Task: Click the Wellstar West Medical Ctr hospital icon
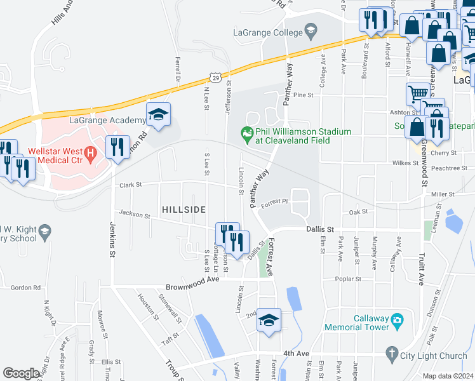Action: coord(90,152)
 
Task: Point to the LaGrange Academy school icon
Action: coord(158,115)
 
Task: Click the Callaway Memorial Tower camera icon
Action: coord(397,318)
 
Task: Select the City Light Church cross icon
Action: coord(392,352)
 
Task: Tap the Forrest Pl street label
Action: coord(274,202)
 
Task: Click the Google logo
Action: coord(21,373)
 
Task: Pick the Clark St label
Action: coord(130,185)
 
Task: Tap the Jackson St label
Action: coord(133,215)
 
